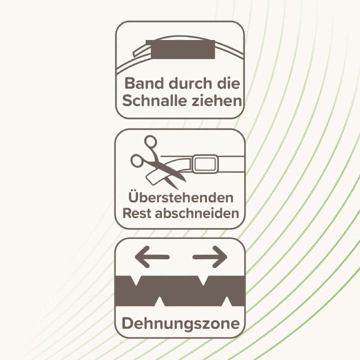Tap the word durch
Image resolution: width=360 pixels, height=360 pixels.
(187, 82)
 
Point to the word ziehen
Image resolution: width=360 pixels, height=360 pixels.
(220, 100)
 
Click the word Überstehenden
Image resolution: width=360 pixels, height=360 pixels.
(180, 196)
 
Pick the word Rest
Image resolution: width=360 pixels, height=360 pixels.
(137, 213)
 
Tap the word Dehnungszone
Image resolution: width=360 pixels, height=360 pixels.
(180, 323)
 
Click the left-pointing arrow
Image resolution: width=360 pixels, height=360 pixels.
(152, 257)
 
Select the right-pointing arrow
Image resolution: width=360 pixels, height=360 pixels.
(210, 257)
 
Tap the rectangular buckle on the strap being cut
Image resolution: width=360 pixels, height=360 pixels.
(205, 164)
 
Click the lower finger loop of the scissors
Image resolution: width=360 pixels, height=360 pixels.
(137, 161)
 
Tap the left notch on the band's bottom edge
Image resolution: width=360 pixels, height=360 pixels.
(160, 301)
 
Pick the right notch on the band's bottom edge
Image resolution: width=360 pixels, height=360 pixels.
(227, 301)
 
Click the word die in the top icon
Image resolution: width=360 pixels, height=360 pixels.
(227, 82)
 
